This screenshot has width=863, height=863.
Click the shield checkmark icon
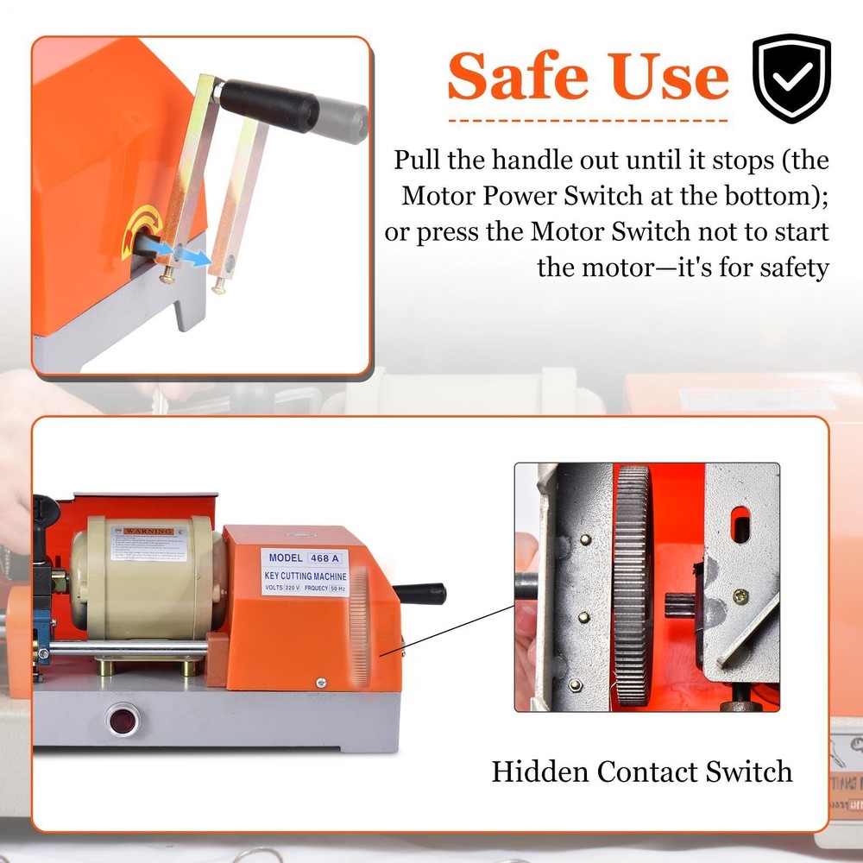click(791, 79)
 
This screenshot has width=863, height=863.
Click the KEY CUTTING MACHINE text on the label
click(306, 576)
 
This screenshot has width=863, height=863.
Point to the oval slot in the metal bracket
click(740, 525)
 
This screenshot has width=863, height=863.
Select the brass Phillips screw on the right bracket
click(740, 595)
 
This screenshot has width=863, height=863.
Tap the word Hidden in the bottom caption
click(541, 770)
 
